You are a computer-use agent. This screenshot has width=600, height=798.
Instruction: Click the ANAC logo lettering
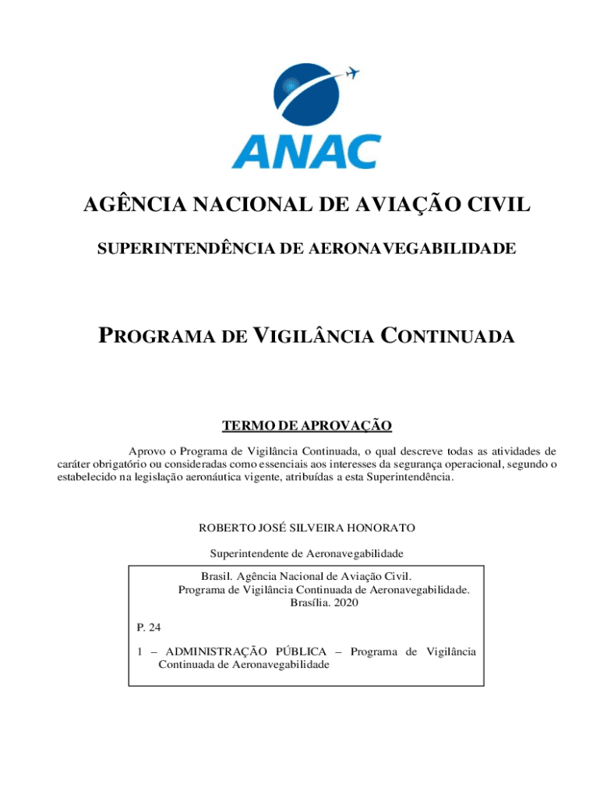pos(305,151)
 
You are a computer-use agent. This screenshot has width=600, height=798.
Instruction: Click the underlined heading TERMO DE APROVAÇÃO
pos(306,425)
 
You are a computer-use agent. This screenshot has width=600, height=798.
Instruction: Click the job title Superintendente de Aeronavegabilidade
pos(307,553)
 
